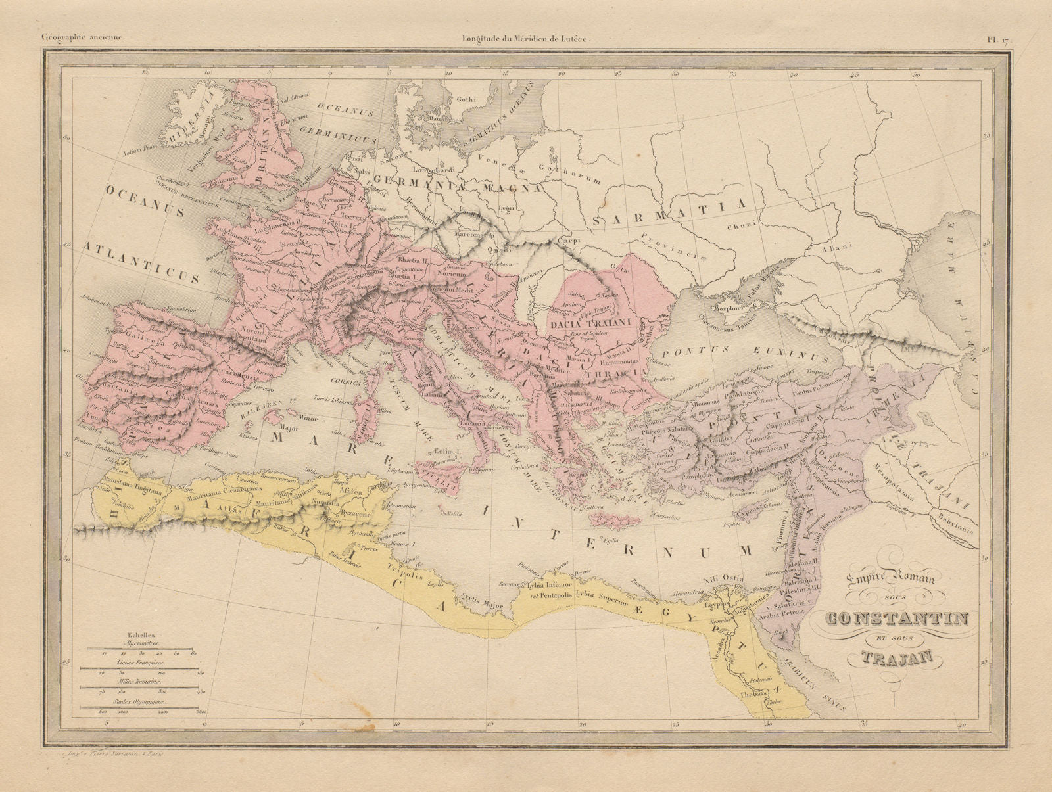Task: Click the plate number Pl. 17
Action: pos(999,39)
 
